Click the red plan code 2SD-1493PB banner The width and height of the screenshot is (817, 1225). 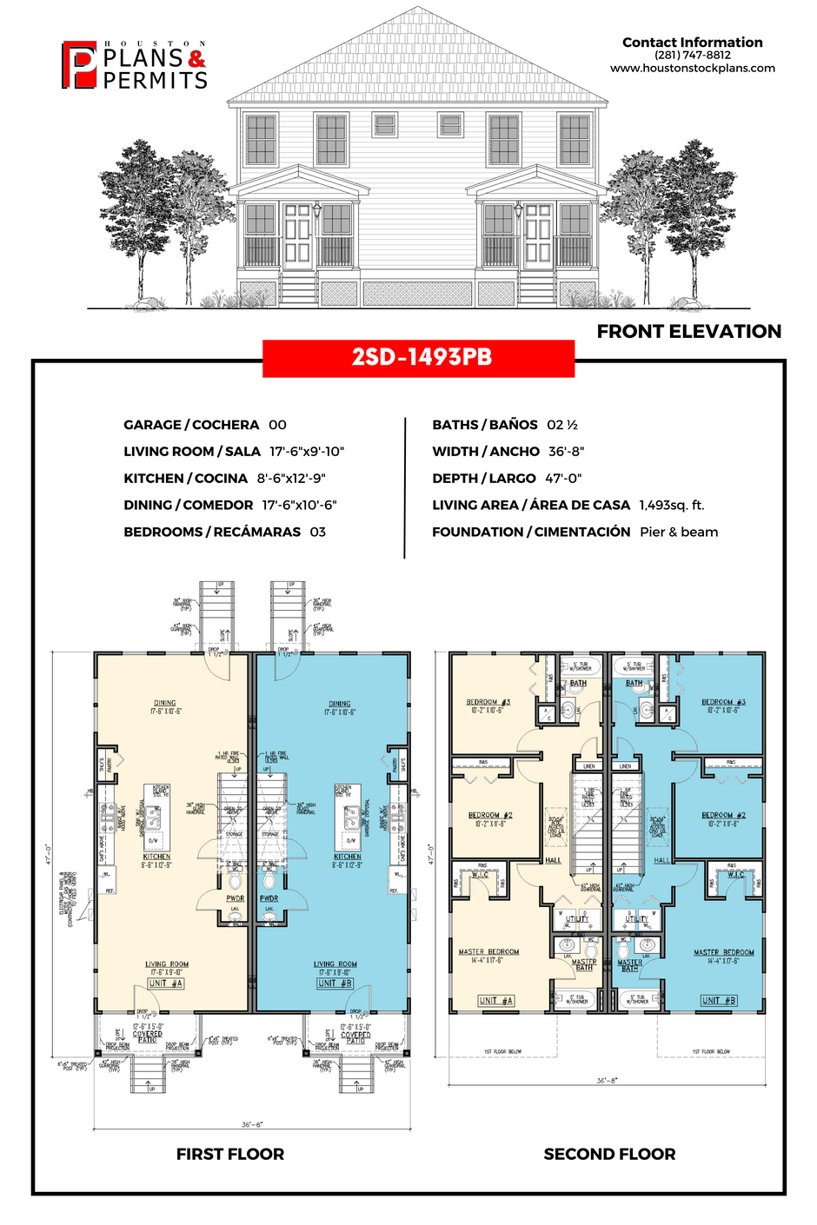point(418,358)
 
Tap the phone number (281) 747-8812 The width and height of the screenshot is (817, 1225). point(692,55)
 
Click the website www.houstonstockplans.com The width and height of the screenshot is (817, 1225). point(692,68)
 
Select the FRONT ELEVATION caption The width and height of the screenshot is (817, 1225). point(688,331)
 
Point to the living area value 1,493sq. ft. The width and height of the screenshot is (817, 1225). point(671,505)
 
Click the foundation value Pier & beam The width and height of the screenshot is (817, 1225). point(679,532)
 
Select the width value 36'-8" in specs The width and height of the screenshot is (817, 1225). point(566,452)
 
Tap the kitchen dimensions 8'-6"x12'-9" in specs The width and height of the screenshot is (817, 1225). point(291,479)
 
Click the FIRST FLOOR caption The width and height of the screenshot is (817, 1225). point(230,1154)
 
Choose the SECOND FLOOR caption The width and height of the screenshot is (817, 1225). point(609,1154)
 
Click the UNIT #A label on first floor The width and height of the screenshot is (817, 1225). point(165,983)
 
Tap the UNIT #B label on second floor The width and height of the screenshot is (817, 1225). point(718,1000)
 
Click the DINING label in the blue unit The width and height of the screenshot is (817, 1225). point(339,704)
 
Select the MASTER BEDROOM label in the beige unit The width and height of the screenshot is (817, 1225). point(488,951)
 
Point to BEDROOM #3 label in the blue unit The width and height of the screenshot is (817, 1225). point(723,702)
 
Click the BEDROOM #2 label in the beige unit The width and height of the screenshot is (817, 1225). point(490,815)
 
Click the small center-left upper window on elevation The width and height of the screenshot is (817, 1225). point(383,124)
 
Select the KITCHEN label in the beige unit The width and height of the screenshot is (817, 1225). point(157,857)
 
